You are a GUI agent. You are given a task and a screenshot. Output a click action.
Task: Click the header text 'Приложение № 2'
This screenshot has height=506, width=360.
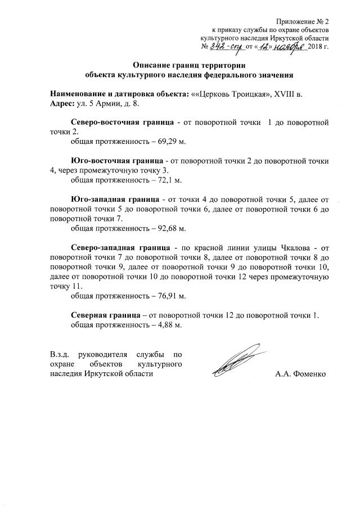click(303, 20)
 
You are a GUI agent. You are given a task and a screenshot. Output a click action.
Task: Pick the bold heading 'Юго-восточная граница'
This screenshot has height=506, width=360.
click(117, 161)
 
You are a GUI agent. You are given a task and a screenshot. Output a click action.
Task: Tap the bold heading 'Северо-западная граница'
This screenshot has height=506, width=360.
click(120, 248)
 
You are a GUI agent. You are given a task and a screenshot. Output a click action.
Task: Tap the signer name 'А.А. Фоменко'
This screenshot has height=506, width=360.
click(300, 374)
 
